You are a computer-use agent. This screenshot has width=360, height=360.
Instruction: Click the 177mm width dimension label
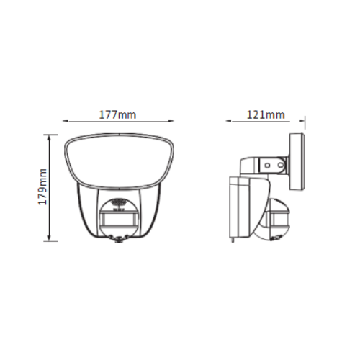(x=117, y=114)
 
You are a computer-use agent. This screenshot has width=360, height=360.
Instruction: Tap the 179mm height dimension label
(x=42, y=186)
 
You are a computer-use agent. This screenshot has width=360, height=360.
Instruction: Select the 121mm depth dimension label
(x=266, y=114)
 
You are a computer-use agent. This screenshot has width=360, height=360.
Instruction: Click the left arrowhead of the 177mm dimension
(x=66, y=121)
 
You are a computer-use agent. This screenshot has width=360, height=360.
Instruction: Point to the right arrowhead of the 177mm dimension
(x=171, y=121)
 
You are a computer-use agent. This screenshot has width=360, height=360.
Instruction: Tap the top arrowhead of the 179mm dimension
(x=49, y=138)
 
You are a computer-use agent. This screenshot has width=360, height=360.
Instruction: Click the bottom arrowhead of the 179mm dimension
(x=49, y=238)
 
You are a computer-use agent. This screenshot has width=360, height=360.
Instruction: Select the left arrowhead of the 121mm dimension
(x=229, y=121)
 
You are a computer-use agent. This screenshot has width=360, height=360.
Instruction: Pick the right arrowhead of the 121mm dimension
(x=302, y=121)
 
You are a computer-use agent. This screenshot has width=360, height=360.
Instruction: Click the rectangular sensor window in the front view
(x=120, y=218)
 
